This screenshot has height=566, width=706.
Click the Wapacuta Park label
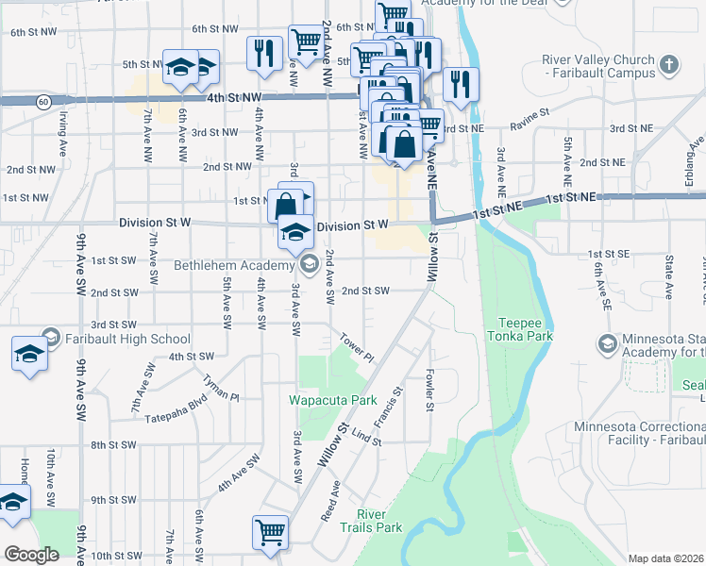tap(332, 400)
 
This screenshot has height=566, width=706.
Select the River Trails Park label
tap(378, 520)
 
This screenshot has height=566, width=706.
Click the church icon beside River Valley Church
tap(669, 65)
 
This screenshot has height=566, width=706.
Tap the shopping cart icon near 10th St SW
tap(270, 532)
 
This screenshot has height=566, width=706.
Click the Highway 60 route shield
tap(45, 100)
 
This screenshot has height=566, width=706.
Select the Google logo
tap(31, 555)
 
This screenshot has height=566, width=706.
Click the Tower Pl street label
tap(358, 350)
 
